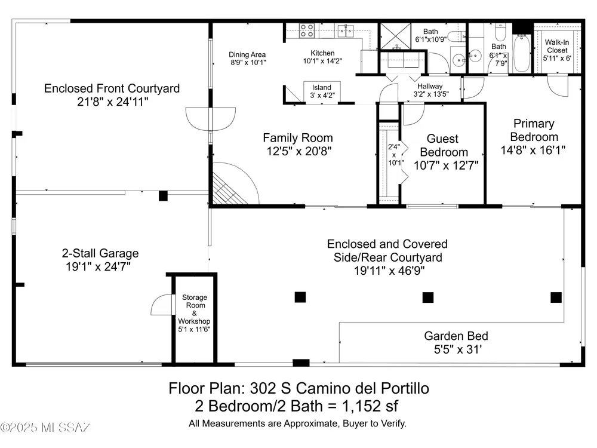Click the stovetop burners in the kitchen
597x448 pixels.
[306, 30]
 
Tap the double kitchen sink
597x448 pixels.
[346, 30]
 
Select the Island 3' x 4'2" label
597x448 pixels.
[322, 91]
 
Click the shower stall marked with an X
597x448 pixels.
[396, 36]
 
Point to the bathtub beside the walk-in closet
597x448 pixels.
[521, 53]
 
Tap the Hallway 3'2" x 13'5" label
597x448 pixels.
[430, 90]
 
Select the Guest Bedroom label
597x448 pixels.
[444, 145]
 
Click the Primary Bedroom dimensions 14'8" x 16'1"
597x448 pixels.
[533, 150]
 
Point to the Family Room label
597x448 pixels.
[298, 137]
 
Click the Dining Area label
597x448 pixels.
[247, 54]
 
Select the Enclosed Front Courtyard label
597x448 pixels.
[112, 88]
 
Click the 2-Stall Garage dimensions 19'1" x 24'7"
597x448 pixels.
[99, 266]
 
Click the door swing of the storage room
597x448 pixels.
[162, 305]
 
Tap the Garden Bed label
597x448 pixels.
[456, 336]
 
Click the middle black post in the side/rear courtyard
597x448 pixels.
[428, 297]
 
